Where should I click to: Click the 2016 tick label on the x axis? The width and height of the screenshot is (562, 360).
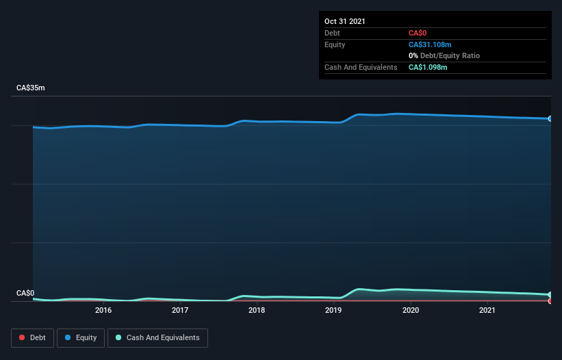tap(103, 311)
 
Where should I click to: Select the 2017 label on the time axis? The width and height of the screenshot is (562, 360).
tap(180, 311)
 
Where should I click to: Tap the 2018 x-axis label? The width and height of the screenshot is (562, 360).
tap(257, 311)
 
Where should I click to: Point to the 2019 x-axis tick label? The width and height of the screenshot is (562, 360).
tap(333, 311)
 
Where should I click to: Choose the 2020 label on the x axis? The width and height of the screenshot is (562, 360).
tap(411, 311)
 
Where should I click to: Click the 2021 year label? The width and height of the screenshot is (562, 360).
tap(487, 311)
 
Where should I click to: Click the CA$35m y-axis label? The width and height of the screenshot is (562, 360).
tap(31, 88)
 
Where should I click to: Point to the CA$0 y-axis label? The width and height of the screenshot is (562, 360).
tap(25, 294)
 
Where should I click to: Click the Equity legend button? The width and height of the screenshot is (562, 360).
tap(80, 337)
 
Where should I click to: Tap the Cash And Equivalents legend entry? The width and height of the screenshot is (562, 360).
tap(157, 337)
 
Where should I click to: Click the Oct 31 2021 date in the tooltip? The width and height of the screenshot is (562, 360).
tap(345, 21)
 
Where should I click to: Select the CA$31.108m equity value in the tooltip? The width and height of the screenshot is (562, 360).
tap(429, 44)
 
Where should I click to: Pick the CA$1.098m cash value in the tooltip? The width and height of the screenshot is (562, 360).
tap(428, 67)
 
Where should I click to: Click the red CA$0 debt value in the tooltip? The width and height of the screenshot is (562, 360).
tap(418, 33)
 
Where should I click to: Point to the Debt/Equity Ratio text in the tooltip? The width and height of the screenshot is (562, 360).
tap(448, 55)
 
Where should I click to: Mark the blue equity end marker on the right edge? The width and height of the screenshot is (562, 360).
tap(550, 118)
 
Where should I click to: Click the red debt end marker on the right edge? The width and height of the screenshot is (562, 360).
tap(550, 301)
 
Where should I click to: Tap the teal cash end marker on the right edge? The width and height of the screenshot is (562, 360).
tap(550, 295)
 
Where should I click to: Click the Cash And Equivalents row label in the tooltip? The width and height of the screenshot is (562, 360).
tap(361, 67)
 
